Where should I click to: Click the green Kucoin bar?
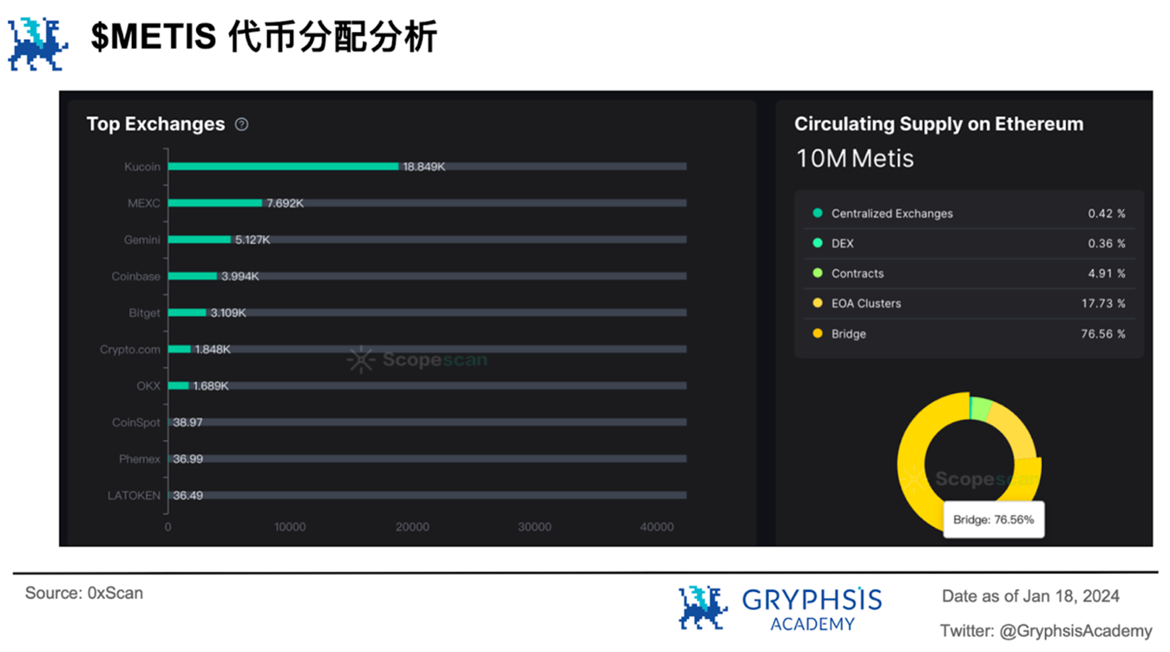pyautogui.click(x=283, y=166)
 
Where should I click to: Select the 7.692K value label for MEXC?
pyautogui.click(x=285, y=203)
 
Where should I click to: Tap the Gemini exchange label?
pyautogui.click(x=142, y=240)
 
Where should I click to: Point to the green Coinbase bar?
pyautogui.click(x=192, y=276)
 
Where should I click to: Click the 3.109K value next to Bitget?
pyautogui.click(x=228, y=312)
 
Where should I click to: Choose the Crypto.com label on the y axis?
pyautogui.click(x=130, y=349)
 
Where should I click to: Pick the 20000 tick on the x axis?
pyautogui.click(x=412, y=527)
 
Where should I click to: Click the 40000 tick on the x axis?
pyautogui.click(x=656, y=527)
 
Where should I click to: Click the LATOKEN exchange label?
pyautogui.click(x=134, y=495)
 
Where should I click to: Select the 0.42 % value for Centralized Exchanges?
pyautogui.click(x=1106, y=214)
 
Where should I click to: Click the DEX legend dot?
pyautogui.click(x=817, y=243)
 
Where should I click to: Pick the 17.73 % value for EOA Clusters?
pyautogui.click(x=1103, y=303)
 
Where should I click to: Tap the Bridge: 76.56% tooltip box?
pyautogui.click(x=993, y=519)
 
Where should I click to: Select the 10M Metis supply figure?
pyautogui.click(x=854, y=158)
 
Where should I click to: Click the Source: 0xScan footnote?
pyautogui.click(x=84, y=593)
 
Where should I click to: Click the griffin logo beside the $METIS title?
pyautogui.click(x=37, y=44)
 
